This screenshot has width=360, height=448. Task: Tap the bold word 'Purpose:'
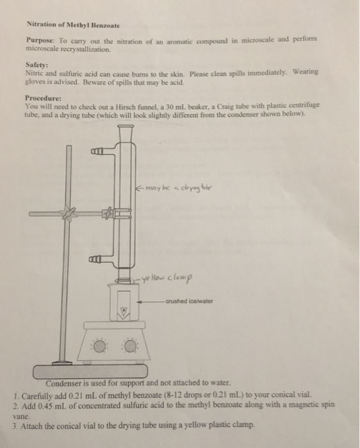[x=38, y=40]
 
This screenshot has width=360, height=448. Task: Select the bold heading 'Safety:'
[x=36, y=65]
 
